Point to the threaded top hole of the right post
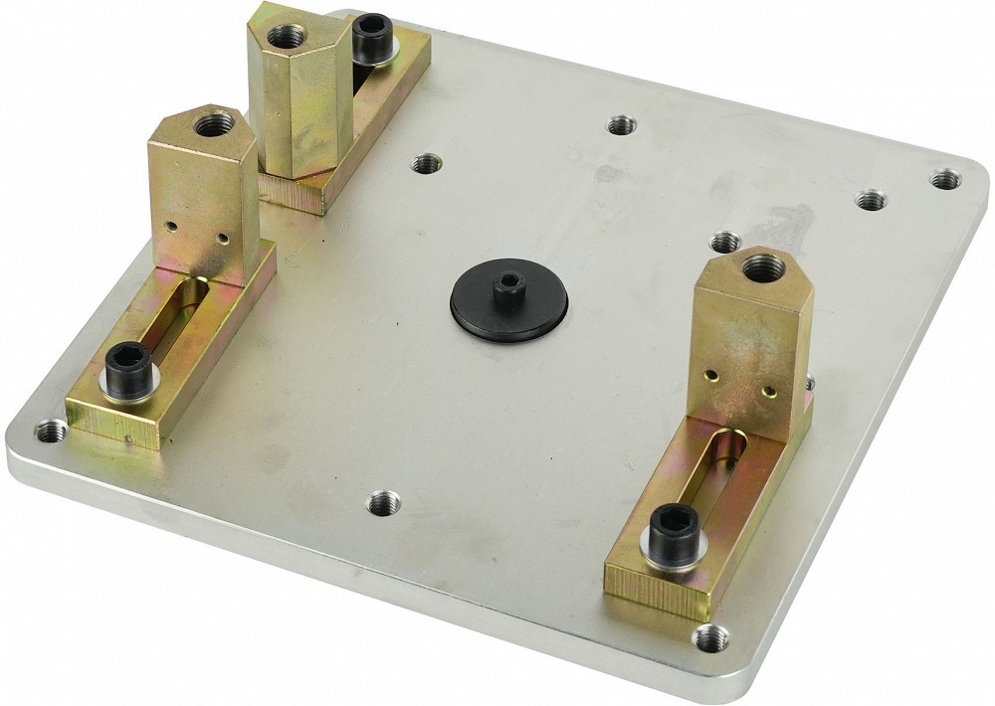coord(763,265)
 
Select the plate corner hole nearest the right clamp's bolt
coord(709,636)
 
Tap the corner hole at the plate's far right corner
coord(944,179)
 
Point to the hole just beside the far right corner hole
coord(872,200)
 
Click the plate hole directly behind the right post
coord(725,242)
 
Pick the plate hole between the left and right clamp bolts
coord(384,503)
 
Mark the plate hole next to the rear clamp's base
coord(426,163)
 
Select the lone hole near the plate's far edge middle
coord(621,125)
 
